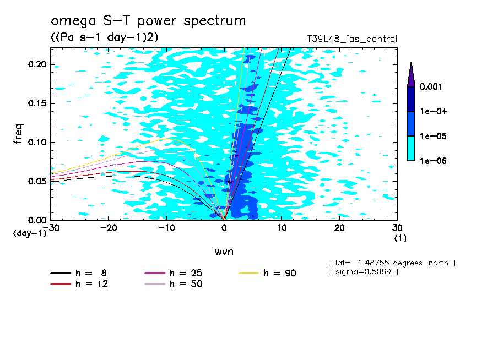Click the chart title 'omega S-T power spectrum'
pos(148,21)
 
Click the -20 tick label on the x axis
pos(109,228)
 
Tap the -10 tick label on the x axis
pos(166,228)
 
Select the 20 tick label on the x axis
pos(340,228)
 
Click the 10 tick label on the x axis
pos(282,228)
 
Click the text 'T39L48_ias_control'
pos(352,39)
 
